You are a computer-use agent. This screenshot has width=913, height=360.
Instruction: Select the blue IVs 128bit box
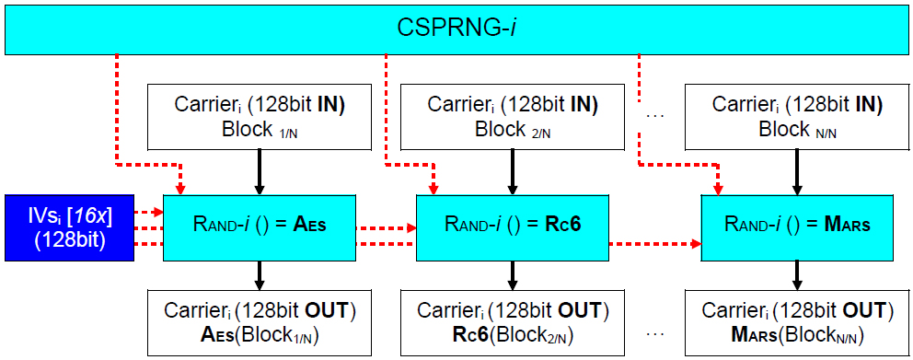(x=69, y=227)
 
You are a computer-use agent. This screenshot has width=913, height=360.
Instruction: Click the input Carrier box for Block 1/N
(x=260, y=116)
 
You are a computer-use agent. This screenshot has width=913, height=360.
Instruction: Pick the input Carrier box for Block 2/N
(x=514, y=116)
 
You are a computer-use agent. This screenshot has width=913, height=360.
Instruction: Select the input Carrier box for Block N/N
(x=798, y=116)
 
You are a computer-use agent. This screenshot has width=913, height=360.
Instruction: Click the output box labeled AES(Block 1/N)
(x=260, y=322)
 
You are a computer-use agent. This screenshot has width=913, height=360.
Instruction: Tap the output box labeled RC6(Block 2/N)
(x=514, y=322)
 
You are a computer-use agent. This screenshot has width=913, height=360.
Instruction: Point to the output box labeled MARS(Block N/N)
(x=798, y=322)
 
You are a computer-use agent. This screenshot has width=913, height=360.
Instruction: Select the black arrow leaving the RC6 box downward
(x=514, y=273)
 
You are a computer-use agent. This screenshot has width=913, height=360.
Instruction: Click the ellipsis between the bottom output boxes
(x=655, y=332)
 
